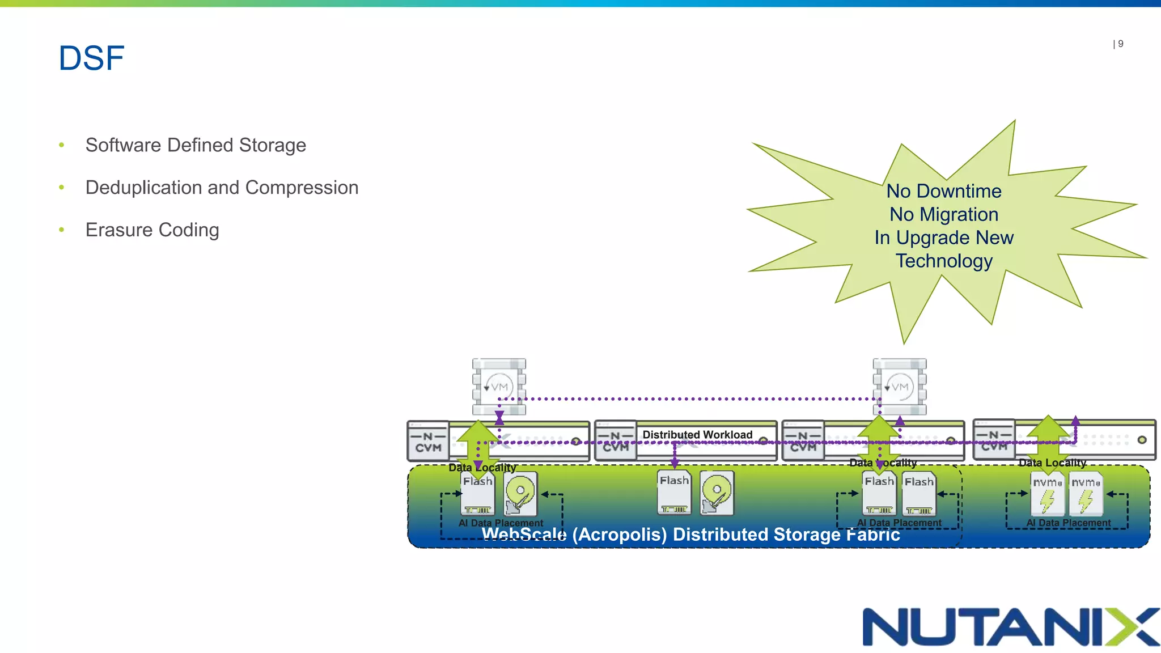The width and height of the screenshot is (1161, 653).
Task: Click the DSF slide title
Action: [x=91, y=58]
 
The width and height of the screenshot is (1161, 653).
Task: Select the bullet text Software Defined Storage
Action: [x=196, y=145]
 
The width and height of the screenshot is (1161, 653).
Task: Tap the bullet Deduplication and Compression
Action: [x=222, y=188]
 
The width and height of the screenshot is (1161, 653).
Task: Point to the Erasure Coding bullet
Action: [x=152, y=230]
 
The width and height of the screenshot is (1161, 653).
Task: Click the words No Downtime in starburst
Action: [x=944, y=192]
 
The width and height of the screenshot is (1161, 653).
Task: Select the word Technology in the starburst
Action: [x=944, y=261]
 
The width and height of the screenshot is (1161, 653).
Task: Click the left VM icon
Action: [x=499, y=387]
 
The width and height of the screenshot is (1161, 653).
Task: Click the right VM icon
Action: [x=900, y=387]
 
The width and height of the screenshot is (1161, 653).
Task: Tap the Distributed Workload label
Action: [x=697, y=435]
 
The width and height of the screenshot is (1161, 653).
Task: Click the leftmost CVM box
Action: [x=429, y=442]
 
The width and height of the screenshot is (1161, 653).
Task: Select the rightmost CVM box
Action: [x=994, y=440]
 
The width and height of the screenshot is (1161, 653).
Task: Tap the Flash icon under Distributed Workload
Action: [x=674, y=493]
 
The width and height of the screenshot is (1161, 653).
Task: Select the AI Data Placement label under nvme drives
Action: [x=1069, y=523]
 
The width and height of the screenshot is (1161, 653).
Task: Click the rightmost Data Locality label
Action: [x=1052, y=463]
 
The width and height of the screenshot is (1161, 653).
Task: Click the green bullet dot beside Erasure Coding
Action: [x=62, y=230]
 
